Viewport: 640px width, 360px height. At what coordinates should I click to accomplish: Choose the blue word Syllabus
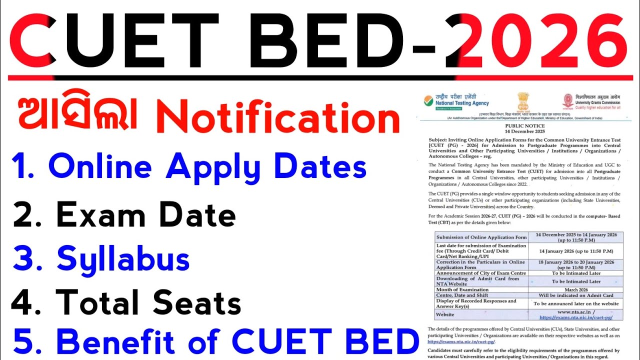[x=123, y=259]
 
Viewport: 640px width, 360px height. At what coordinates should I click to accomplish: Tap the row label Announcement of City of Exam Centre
[x=477, y=273]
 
